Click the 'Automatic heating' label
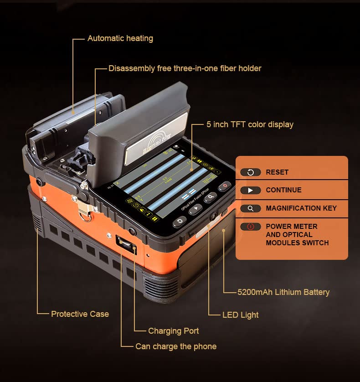(x=120, y=38)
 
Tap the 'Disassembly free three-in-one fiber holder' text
(x=185, y=68)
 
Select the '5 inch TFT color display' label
(x=250, y=124)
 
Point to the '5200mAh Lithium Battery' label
(x=283, y=292)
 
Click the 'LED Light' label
(x=240, y=315)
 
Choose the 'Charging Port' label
(x=173, y=331)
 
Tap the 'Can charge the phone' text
(x=176, y=346)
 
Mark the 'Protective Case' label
(x=80, y=314)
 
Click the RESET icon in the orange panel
(x=250, y=172)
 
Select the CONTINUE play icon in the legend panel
(x=250, y=190)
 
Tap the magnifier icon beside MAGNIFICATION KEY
(x=250, y=208)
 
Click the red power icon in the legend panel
(x=250, y=227)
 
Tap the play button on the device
(x=195, y=209)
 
